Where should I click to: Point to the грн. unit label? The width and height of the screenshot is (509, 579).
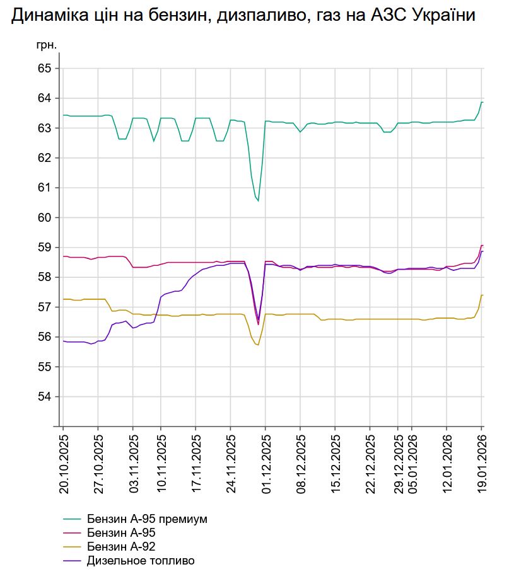(47, 45)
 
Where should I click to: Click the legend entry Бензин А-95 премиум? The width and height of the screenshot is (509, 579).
(148, 519)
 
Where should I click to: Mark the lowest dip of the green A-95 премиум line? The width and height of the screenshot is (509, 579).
(258, 201)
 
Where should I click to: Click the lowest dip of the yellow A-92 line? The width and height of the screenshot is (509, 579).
(258, 345)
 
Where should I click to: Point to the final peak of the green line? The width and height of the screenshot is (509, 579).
(482, 102)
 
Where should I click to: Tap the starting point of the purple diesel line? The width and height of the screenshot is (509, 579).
(64, 341)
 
